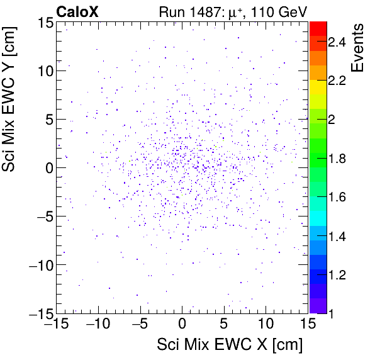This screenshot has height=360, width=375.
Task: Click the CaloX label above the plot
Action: (76, 11)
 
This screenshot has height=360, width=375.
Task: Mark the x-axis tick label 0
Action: (182, 325)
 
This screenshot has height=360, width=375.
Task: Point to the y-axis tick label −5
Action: (42, 217)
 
